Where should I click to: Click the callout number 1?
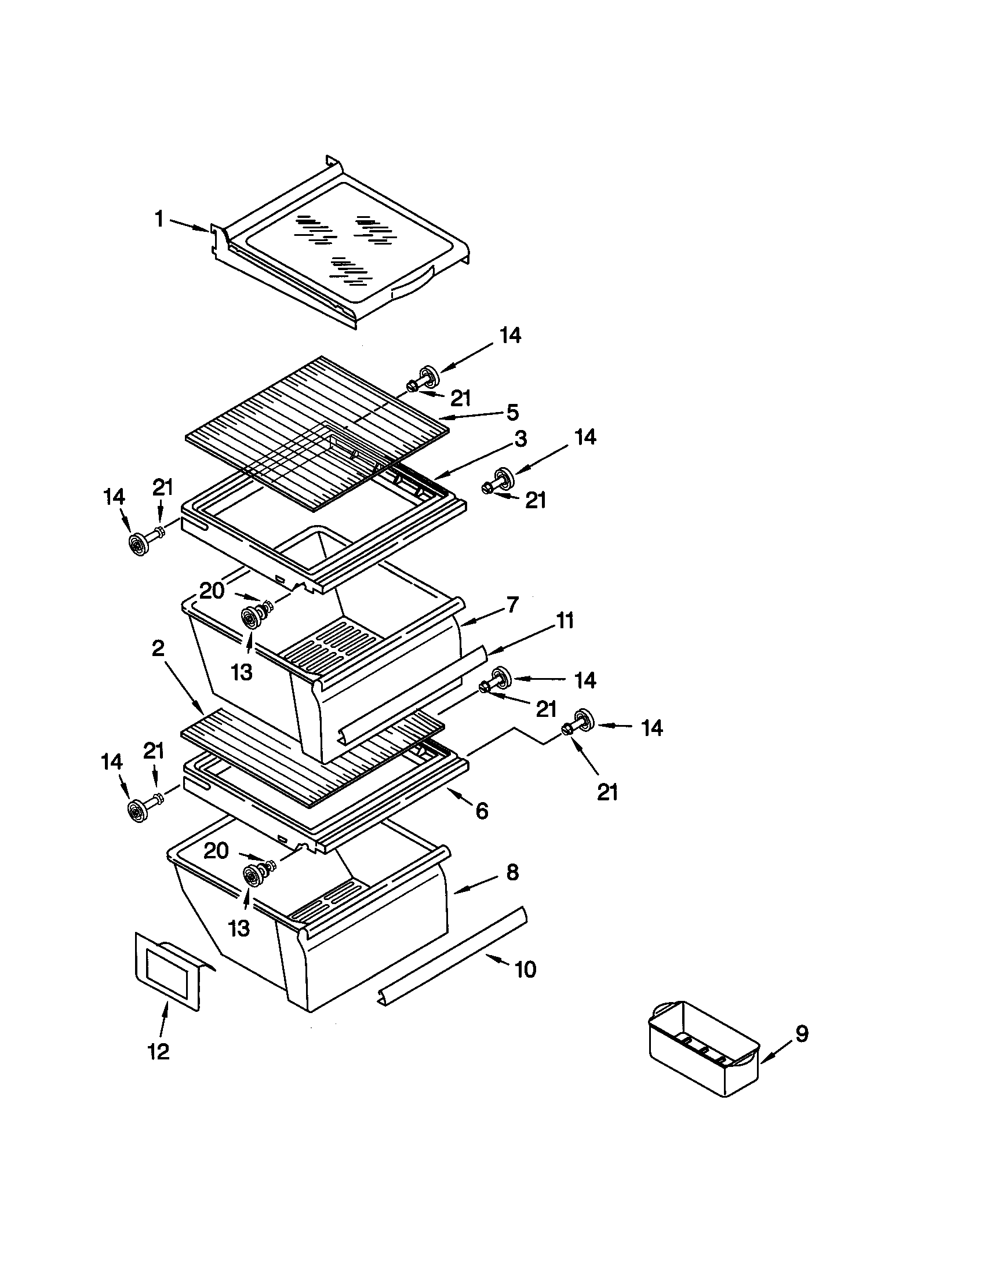[x=159, y=220]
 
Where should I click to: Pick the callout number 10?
[x=525, y=970]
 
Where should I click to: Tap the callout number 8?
[x=512, y=873]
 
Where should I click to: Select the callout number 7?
[x=512, y=606]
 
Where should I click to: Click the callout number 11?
[x=564, y=620]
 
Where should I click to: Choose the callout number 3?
[x=519, y=439]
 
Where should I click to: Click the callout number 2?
[x=158, y=648]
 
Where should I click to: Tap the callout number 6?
[x=482, y=811]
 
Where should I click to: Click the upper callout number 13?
[x=241, y=672]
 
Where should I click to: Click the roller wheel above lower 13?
[x=253, y=876]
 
